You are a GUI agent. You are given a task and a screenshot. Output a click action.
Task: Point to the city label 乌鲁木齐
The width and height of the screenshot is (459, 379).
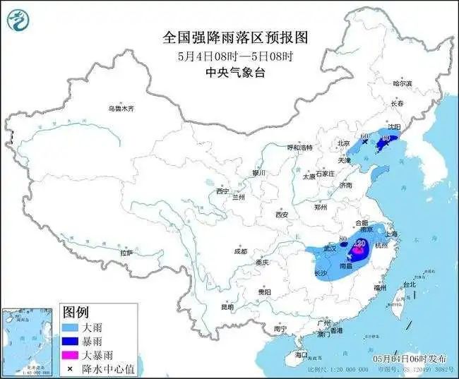[x=121, y=109]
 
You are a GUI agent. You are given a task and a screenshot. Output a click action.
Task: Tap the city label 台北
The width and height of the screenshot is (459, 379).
[x=409, y=284]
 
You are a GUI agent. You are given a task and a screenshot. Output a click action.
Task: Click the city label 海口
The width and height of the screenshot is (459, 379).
[x=302, y=354]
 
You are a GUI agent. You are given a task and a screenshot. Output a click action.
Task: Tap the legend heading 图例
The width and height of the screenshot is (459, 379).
[x=76, y=312]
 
